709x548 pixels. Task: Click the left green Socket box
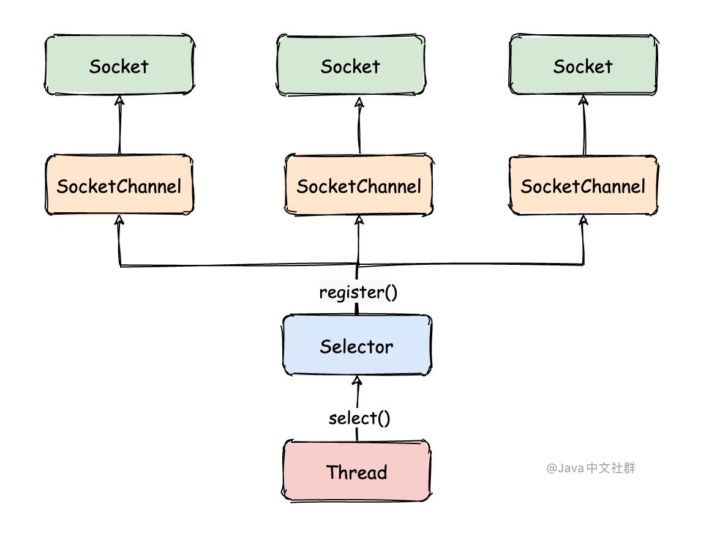[x=119, y=65]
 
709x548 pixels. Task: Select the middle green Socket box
[x=350, y=65]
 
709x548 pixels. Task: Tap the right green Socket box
[x=583, y=65]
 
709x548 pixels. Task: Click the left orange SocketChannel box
[x=119, y=185]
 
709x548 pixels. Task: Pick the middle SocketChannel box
[x=359, y=185]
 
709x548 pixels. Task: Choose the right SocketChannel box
[x=583, y=185]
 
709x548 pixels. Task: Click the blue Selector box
[x=356, y=346]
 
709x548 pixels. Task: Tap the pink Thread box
[x=356, y=472]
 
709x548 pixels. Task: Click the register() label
[x=358, y=292]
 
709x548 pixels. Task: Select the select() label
[x=359, y=418]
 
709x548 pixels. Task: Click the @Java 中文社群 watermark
[x=591, y=468]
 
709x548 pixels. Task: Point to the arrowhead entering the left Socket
[x=119, y=101]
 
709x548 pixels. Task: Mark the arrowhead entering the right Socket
[x=583, y=100]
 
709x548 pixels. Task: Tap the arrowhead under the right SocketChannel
[x=583, y=220]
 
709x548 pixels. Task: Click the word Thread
[x=356, y=472]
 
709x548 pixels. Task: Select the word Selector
[x=356, y=347]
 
